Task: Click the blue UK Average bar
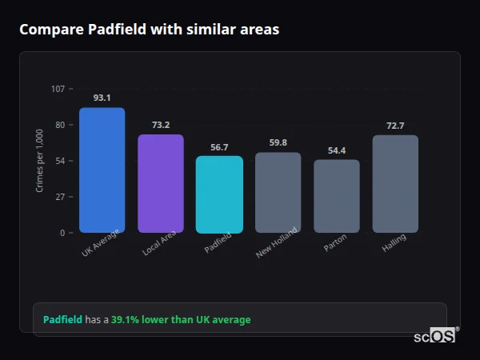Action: pos(102,170)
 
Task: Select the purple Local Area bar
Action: pos(161,183)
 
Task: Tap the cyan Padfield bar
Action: pos(219,194)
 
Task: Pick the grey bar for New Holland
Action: pos(278,193)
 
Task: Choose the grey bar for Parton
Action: pos(337,196)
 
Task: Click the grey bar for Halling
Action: pos(395,184)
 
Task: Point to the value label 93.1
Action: pos(102,98)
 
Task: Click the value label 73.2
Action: pos(161,125)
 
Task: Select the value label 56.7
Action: pos(219,147)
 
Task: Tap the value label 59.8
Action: pos(278,143)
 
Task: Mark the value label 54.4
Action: pos(337,150)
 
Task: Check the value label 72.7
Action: pos(395,126)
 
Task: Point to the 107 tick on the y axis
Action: pos(58,89)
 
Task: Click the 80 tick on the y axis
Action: pos(60,125)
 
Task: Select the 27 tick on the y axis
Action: pos(60,197)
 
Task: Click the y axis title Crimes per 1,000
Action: pos(40,161)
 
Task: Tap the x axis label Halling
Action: pos(394,243)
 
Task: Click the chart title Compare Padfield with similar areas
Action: pos(150,30)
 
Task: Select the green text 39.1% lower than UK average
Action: pos(181,320)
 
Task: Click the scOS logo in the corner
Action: pos(434,336)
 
